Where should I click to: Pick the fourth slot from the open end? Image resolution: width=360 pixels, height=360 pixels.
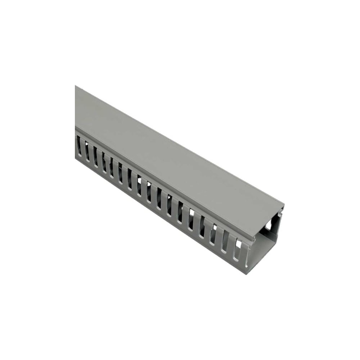(x=202, y=226)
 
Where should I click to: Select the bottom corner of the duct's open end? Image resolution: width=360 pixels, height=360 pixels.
(x=246, y=273)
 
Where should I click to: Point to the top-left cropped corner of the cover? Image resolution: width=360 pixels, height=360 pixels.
(x=76, y=86)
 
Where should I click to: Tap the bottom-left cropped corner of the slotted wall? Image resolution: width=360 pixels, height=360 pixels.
(x=76, y=157)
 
